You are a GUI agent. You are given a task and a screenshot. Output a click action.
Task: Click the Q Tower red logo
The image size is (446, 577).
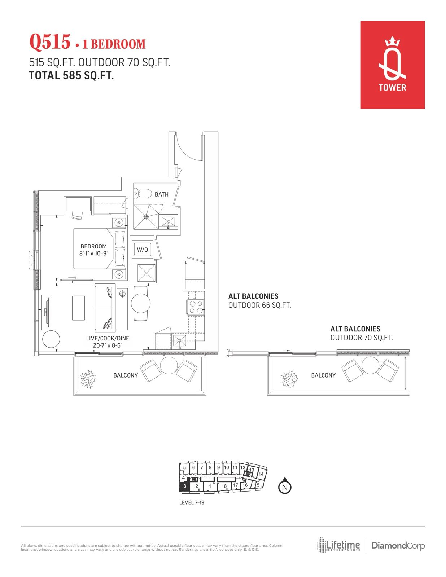(392, 65)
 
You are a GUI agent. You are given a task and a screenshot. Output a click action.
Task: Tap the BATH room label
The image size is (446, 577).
(162, 194)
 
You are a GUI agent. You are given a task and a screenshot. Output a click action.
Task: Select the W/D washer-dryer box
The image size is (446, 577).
(143, 250)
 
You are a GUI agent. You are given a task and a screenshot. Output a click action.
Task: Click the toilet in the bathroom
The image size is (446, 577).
(143, 194)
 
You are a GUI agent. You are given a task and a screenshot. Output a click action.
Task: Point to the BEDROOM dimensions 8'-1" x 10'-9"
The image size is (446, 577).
(93, 253)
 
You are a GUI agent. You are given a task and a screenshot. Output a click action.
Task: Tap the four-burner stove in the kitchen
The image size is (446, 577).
(196, 307)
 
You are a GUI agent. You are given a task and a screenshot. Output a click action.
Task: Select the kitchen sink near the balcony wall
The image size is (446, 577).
(180, 342)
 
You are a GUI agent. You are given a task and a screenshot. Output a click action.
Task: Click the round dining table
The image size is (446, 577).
(141, 303)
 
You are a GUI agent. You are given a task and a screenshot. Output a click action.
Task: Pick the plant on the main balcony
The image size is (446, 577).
(88, 379)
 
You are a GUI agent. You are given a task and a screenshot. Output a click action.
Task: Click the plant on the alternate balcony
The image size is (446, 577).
(289, 379)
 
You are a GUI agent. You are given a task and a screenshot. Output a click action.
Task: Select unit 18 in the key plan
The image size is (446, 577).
(224, 486)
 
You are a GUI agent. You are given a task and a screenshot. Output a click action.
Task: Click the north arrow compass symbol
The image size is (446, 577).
(285, 486)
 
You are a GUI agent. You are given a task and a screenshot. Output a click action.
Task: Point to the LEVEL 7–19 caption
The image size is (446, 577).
(192, 502)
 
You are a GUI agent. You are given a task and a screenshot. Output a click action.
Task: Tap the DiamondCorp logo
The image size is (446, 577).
(398, 546)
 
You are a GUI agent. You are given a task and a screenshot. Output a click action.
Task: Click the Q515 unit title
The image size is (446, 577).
(50, 42)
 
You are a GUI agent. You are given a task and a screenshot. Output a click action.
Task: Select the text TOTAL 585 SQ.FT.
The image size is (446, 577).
(71, 75)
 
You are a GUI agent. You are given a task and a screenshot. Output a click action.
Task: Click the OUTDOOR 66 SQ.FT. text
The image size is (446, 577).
(259, 305)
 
